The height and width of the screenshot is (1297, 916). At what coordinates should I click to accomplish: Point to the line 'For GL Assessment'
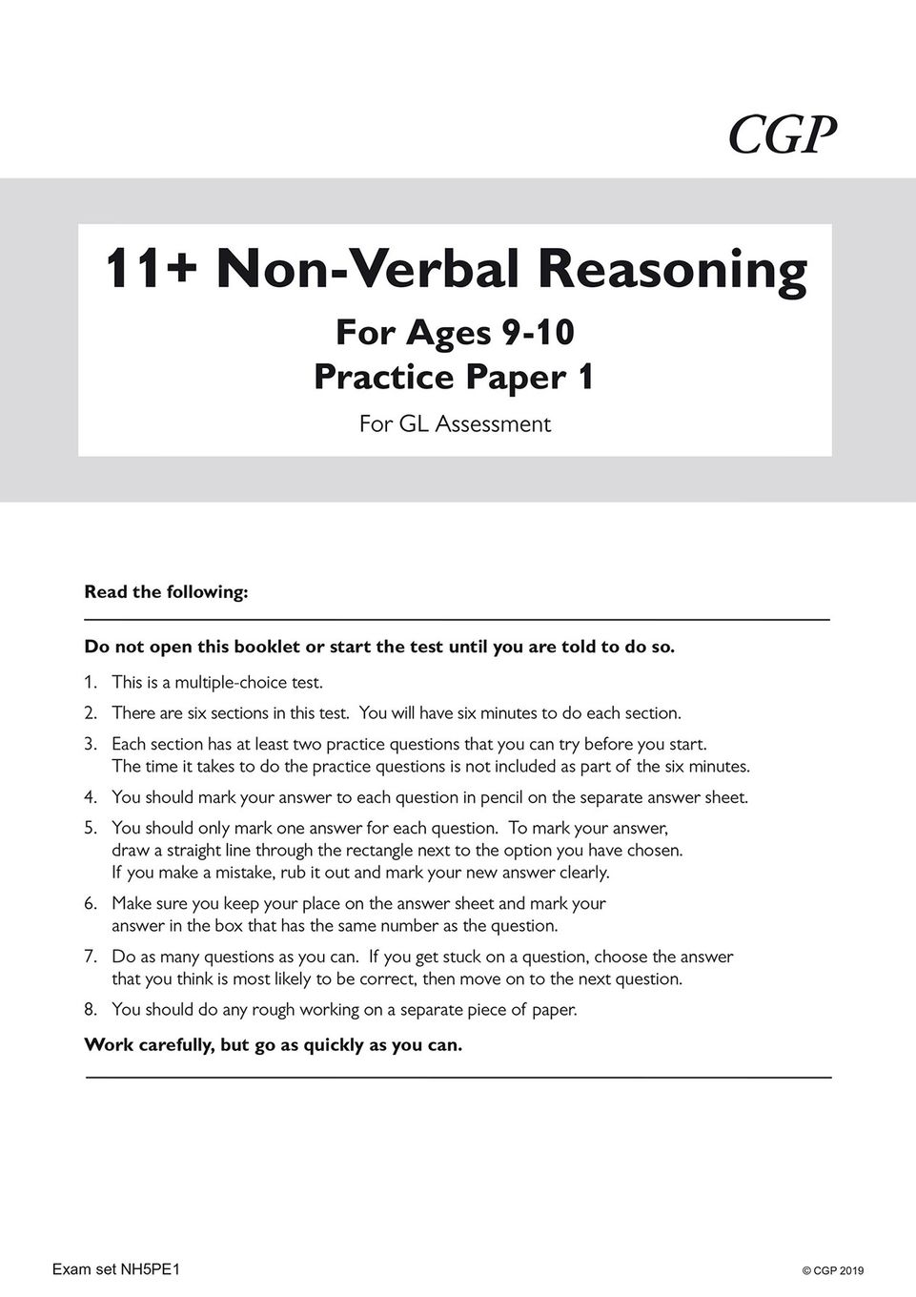click(x=455, y=424)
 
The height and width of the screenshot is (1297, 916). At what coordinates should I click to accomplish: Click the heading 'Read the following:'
click(x=166, y=592)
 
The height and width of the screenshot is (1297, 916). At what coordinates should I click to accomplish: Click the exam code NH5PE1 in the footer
click(x=153, y=1269)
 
